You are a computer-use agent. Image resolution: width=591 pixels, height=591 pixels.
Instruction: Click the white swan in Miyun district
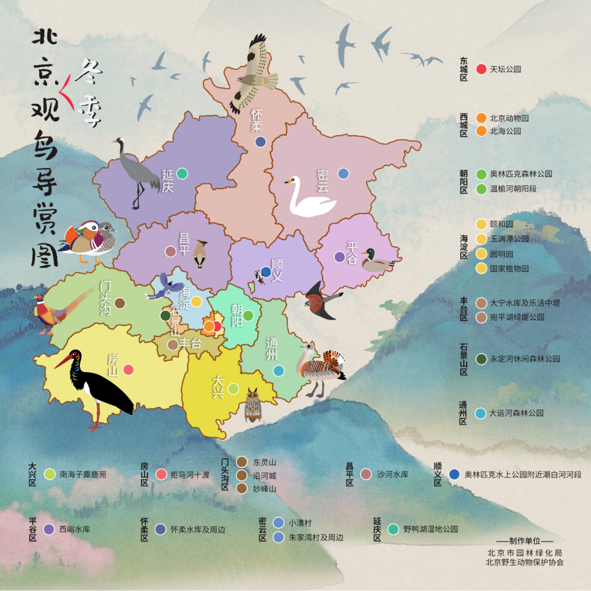pyautogui.click(x=309, y=198)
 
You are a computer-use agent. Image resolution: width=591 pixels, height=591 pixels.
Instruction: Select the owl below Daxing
pyautogui.click(x=252, y=405)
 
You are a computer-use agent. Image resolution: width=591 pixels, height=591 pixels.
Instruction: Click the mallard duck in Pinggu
pyautogui.click(x=376, y=261)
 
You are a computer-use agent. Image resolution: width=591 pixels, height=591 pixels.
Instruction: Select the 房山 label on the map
pyautogui.click(x=113, y=365)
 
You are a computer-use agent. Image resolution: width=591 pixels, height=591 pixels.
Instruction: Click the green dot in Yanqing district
pyautogui.click(x=182, y=173)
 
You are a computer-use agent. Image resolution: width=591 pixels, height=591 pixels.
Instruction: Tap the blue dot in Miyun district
pyautogui.click(x=343, y=173)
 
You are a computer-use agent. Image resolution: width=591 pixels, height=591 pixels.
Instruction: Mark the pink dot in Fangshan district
pyautogui.click(x=129, y=370)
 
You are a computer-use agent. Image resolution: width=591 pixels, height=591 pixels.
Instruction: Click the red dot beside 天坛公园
pyautogui.click(x=482, y=69)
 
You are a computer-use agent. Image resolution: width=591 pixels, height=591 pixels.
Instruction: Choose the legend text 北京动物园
pyautogui.click(x=509, y=118)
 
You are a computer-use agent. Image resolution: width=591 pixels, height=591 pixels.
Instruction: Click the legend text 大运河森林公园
pyautogui.click(x=516, y=413)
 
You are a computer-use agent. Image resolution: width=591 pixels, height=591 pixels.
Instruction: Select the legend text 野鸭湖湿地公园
pyautogui.click(x=430, y=529)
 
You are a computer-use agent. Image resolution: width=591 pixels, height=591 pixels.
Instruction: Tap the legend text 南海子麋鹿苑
pyautogui.click(x=83, y=474)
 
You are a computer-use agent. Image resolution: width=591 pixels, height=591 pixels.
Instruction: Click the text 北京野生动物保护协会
pyautogui.click(x=524, y=562)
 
